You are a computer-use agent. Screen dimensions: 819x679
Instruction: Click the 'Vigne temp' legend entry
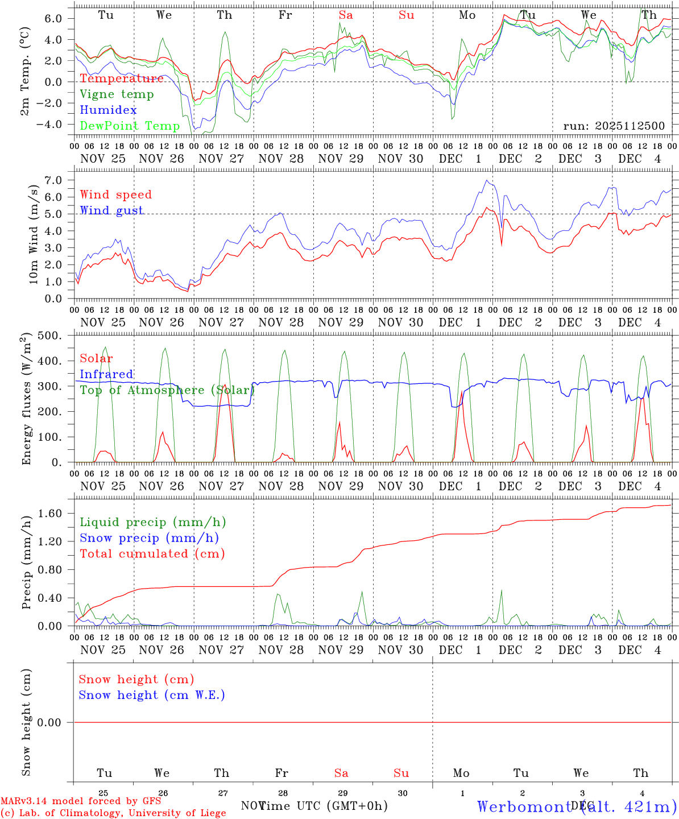coord(117,94)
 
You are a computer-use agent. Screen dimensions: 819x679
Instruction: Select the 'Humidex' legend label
coord(108,110)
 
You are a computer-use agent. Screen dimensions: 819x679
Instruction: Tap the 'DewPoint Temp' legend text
coord(130,126)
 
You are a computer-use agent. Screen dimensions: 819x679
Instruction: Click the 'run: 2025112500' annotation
coord(614,126)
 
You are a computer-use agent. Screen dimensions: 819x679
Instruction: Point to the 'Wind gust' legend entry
coord(111,210)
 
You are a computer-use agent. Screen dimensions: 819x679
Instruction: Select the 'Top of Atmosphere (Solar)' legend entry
coord(167,390)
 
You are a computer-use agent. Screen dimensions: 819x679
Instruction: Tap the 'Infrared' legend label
coord(106,374)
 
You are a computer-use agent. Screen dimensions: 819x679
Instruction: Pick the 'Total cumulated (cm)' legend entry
coord(152,553)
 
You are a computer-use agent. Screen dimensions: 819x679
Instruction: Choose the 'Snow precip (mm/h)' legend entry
coord(149,538)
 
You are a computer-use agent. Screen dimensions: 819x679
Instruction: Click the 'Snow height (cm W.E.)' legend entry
coord(152,695)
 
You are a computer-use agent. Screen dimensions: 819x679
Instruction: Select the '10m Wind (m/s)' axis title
coord(34,234)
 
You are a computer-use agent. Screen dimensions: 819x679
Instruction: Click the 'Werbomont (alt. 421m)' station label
coord(577,806)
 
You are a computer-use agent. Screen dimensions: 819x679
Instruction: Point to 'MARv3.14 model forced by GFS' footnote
coord(81,801)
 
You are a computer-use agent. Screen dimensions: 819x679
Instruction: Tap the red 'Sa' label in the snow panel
coord(341,773)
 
